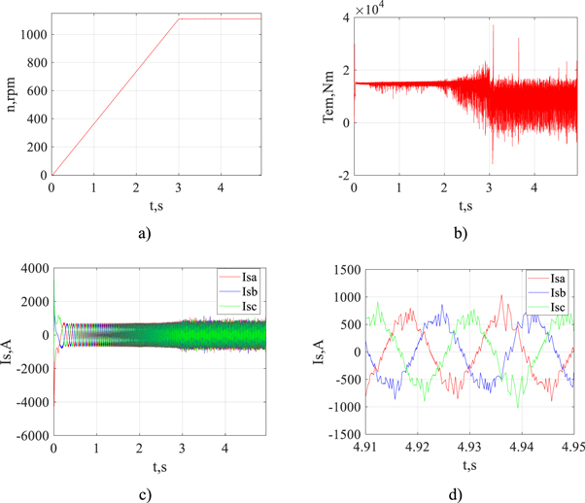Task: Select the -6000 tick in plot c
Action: [27, 436]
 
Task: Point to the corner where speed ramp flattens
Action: [179, 18]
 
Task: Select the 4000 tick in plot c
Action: [30, 268]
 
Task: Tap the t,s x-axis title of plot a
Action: [157, 205]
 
